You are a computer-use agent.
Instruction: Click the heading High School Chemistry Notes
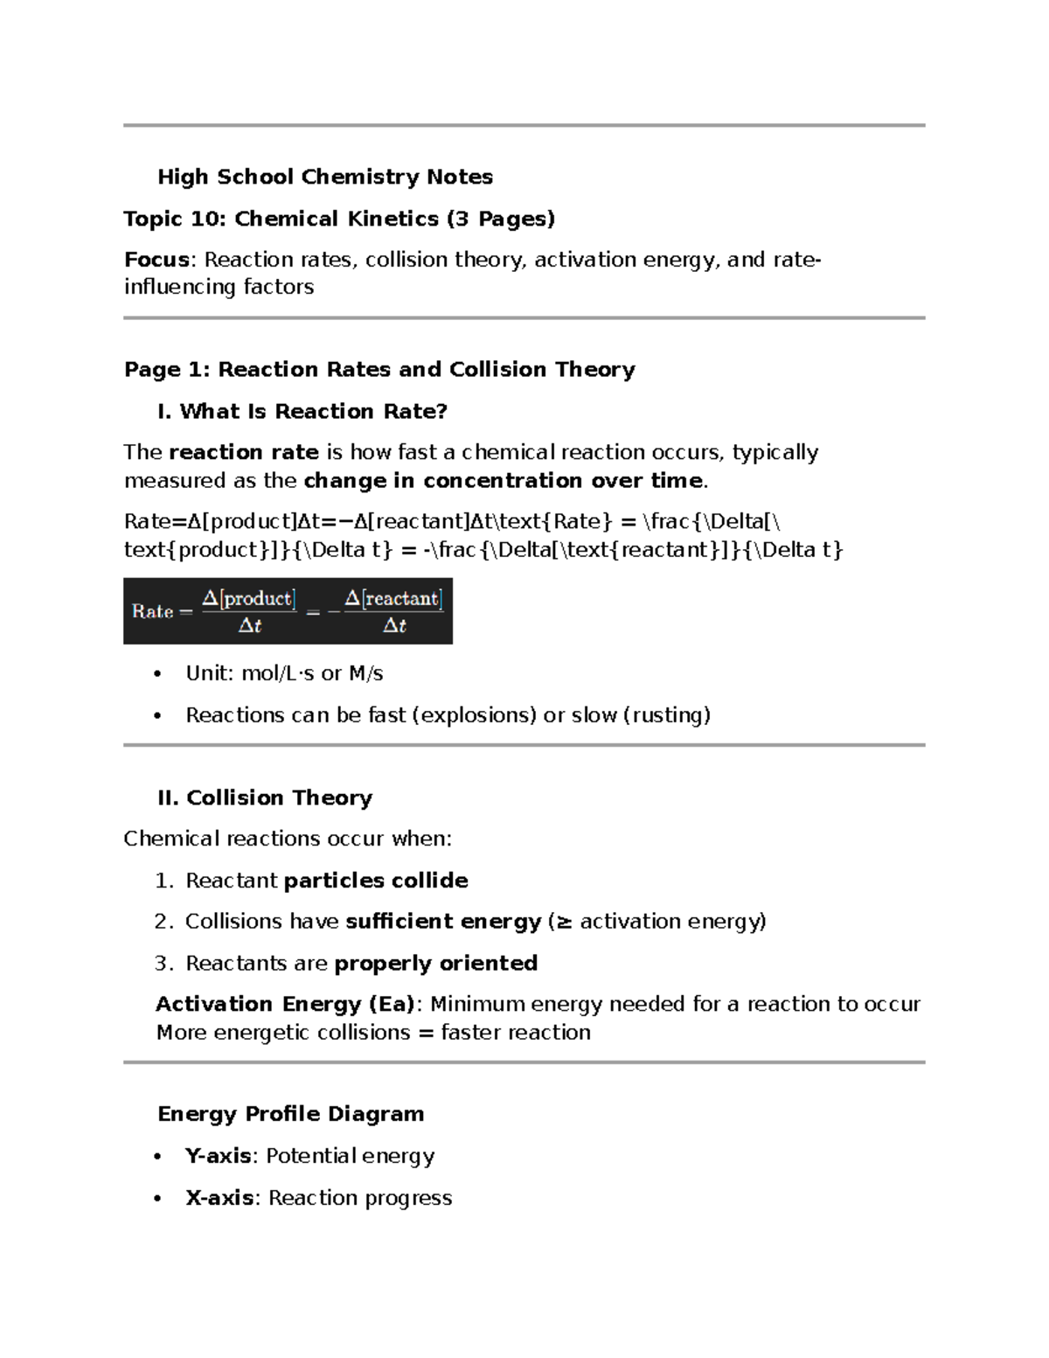click(x=324, y=178)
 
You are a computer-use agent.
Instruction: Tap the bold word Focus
click(x=156, y=260)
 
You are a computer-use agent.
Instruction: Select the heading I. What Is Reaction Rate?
click(x=302, y=412)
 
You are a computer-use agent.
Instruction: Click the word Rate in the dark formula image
click(x=152, y=611)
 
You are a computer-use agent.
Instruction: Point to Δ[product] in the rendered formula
click(x=249, y=599)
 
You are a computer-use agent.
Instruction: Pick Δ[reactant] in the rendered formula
click(x=393, y=599)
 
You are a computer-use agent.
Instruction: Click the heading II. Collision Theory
click(x=264, y=798)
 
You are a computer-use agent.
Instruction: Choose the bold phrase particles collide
click(x=376, y=881)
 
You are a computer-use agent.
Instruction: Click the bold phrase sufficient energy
click(x=443, y=922)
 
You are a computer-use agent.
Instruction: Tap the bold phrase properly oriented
click(x=435, y=964)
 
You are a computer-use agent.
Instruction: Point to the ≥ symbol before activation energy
click(x=564, y=922)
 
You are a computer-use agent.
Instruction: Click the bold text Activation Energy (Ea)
click(x=284, y=1005)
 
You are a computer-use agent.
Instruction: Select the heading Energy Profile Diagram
click(x=290, y=1114)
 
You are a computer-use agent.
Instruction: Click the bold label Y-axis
click(x=218, y=1156)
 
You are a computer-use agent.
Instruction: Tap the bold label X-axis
click(x=219, y=1198)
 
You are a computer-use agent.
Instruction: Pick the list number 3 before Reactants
click(x=163, y=964)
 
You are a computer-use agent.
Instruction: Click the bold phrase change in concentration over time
click(x=503, y=481)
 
